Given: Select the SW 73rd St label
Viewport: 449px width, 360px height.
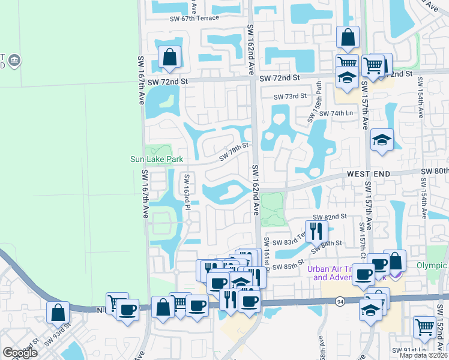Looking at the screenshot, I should [290, 97].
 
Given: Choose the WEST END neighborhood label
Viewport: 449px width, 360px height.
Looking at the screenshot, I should [368, 174].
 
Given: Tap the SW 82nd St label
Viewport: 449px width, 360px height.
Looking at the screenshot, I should [330, 217].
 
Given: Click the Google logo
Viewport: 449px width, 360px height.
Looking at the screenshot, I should [20, 353].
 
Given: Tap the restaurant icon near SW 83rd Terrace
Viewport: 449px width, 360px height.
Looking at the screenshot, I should [316, 230].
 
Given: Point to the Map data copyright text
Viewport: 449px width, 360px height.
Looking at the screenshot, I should [422, 355].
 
